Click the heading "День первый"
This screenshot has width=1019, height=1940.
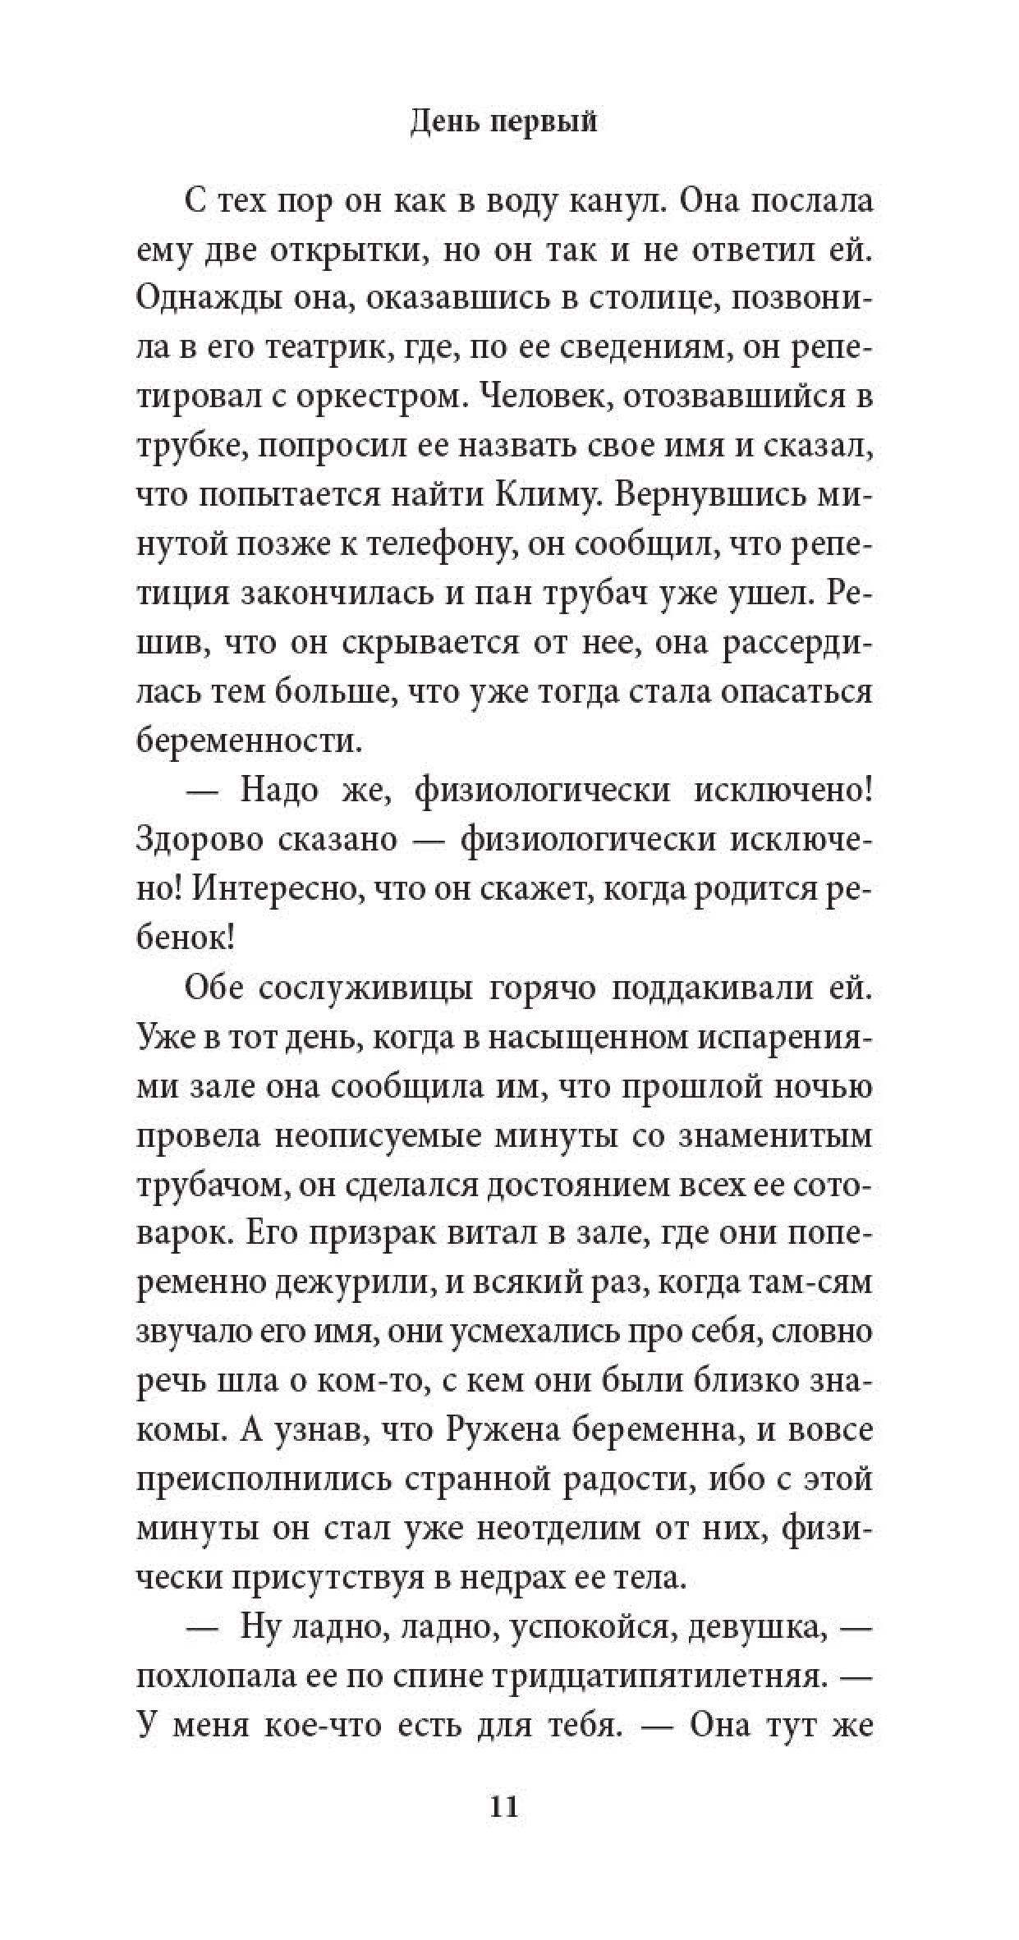tap(503, 123)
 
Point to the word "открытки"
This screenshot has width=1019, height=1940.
tap(346, 251)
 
